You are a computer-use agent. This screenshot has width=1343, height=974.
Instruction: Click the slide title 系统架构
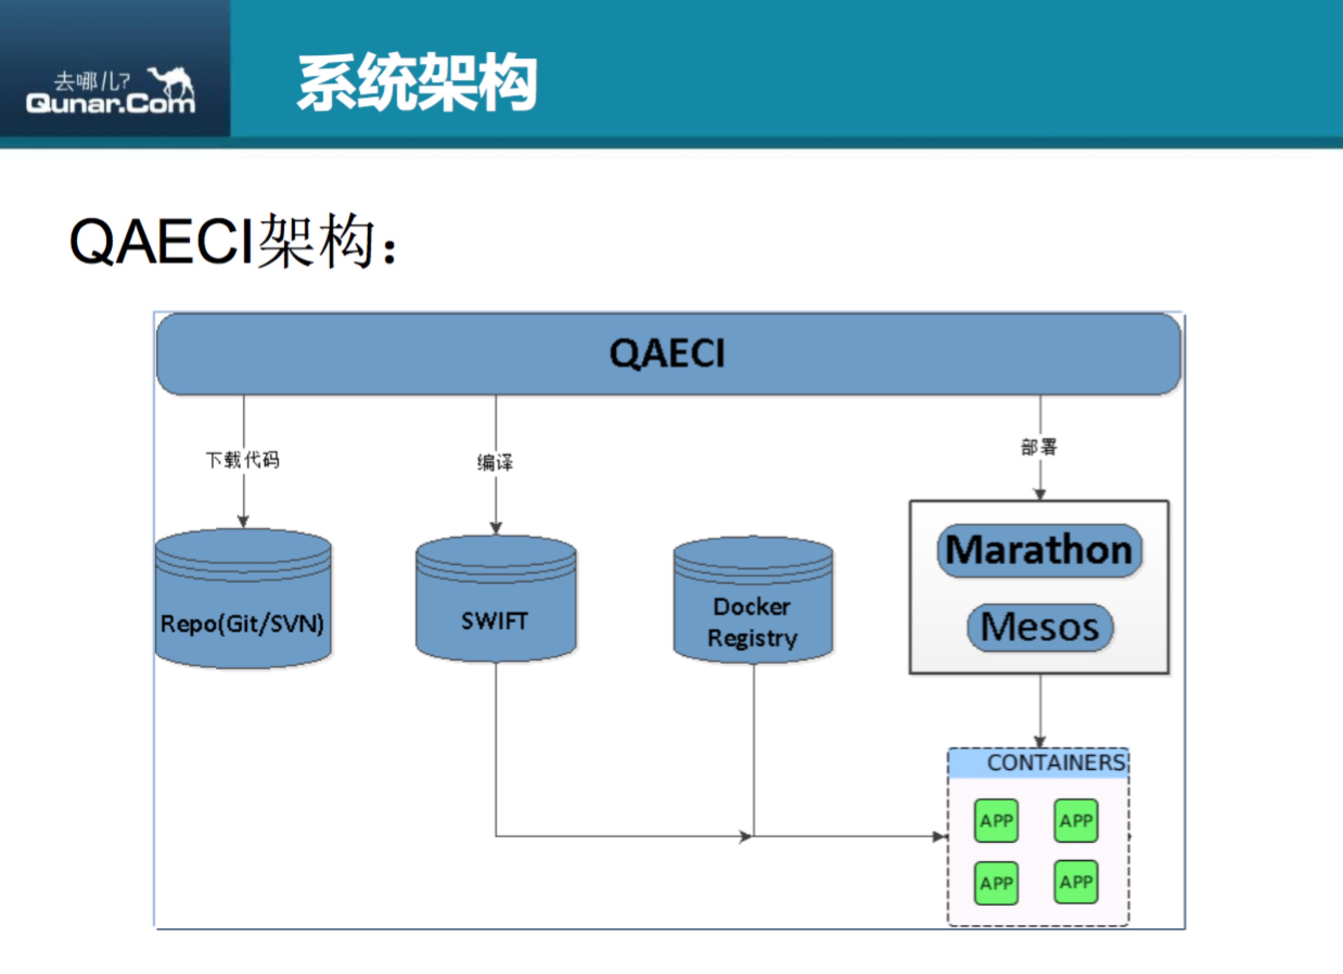[x=417, y=82]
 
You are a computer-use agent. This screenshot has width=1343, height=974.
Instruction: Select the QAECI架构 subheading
[x=232, y=241]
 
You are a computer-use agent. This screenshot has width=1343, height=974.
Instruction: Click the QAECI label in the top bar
[x=667, y=354]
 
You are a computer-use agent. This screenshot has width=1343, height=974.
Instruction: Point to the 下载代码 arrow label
[x=243, y=459]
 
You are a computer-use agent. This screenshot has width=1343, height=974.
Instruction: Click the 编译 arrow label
[x=495, y=463]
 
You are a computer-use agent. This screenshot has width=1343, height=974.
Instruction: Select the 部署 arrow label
[x=1039, y=447]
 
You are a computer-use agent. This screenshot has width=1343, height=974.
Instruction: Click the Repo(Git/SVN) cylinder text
[x=242, y=624]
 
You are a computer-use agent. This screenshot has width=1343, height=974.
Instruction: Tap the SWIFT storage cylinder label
[x=495, y=621]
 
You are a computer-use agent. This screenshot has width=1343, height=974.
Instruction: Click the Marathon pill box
[x=1039, y=550]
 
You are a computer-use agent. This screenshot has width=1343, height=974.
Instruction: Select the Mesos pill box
[x=1040, y=627]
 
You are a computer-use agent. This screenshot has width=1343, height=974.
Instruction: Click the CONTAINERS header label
[x=1056, y=762]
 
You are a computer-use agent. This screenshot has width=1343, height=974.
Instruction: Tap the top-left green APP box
[x=996, y=821]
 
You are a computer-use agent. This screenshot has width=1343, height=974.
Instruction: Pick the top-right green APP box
[x=1076, y=821]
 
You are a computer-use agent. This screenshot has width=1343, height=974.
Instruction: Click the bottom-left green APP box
[x=996, y=883]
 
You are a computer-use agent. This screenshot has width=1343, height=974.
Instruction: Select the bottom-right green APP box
[x=1076, y=882]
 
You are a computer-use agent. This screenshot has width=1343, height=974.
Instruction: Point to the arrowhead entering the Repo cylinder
[x=244, y=522]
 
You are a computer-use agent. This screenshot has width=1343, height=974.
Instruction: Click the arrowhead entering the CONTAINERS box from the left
[x=940, y=837]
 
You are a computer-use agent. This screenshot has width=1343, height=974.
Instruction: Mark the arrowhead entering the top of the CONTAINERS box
[x=1040, y=742]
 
